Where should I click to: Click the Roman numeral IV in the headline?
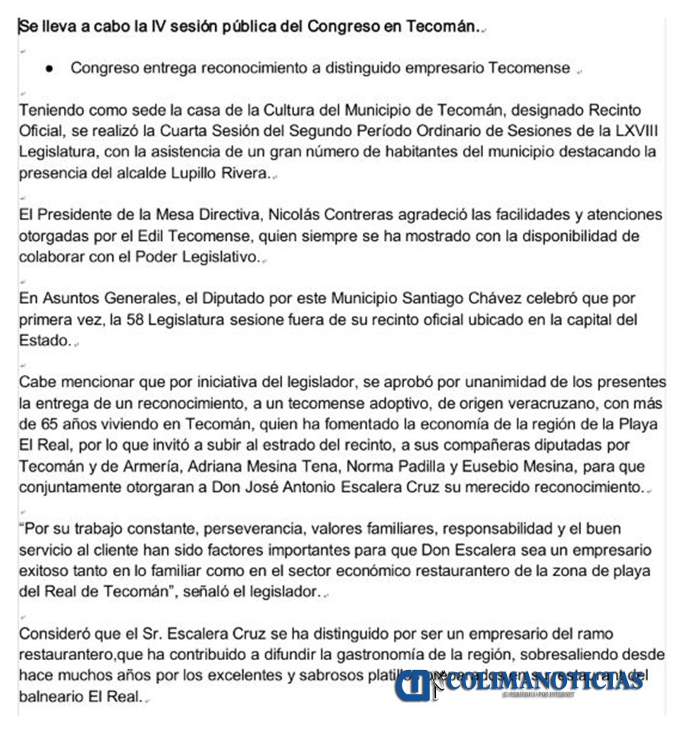pos(184,27)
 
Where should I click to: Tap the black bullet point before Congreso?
pos(50,69)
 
